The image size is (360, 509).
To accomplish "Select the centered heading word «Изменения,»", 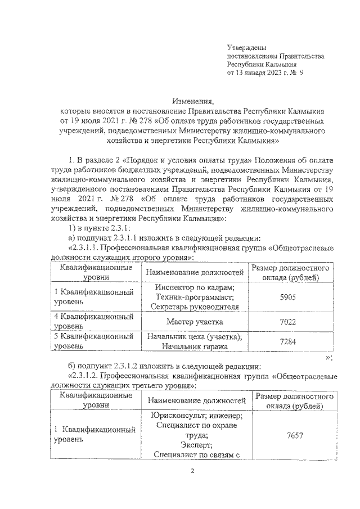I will coord(193,102).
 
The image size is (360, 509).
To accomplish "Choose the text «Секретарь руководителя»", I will coord(195,307).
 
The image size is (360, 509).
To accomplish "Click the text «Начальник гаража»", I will coord(195,346).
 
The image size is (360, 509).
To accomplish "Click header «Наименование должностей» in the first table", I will coord(195,273).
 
